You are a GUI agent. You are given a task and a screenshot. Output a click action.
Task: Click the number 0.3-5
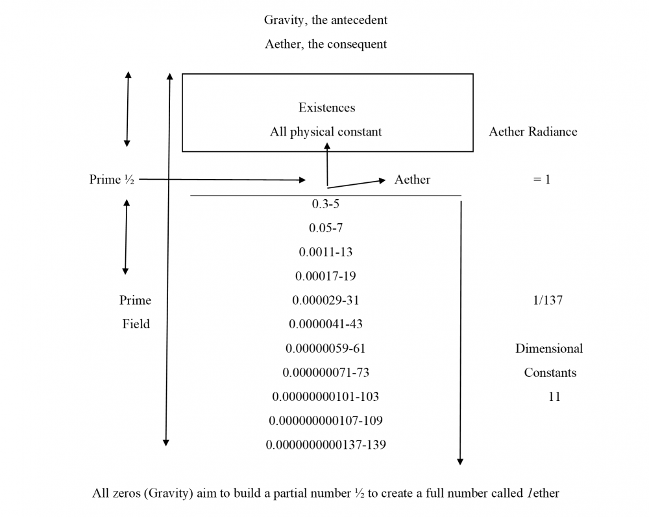(326, 204)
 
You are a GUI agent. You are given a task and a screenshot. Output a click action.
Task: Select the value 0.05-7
(326, 228)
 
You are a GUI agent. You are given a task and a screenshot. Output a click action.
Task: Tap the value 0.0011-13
(326, 252)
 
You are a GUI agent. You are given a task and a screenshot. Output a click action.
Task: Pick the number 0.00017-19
(326, 276)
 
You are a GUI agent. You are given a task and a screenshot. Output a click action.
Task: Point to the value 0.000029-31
(326, 300)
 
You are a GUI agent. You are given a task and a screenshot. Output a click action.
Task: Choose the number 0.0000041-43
(326, 324)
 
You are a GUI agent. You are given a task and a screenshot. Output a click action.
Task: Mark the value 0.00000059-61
(326, 348)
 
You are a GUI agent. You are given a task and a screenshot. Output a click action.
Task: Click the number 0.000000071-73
(326, 372)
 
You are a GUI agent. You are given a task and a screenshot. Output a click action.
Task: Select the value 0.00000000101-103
(326, 396)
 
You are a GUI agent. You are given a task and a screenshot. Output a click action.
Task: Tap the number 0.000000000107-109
(326, 420)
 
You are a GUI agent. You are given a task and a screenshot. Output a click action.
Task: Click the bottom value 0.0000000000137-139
(326, 444)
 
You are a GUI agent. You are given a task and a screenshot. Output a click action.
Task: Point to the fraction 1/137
(546, 300)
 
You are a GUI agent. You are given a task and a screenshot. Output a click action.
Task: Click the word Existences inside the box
(326, 108)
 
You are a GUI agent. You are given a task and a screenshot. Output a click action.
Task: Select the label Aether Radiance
(533, 132)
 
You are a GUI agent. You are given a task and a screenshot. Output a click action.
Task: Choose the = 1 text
(541, 180)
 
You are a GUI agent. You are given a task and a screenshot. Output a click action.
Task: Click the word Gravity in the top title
(282, 20)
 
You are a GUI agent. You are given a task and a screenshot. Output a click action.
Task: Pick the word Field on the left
(136, 324)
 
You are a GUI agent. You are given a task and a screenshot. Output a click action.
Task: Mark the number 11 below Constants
(554, 396)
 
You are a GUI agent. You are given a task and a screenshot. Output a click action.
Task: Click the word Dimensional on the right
(549, 348)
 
